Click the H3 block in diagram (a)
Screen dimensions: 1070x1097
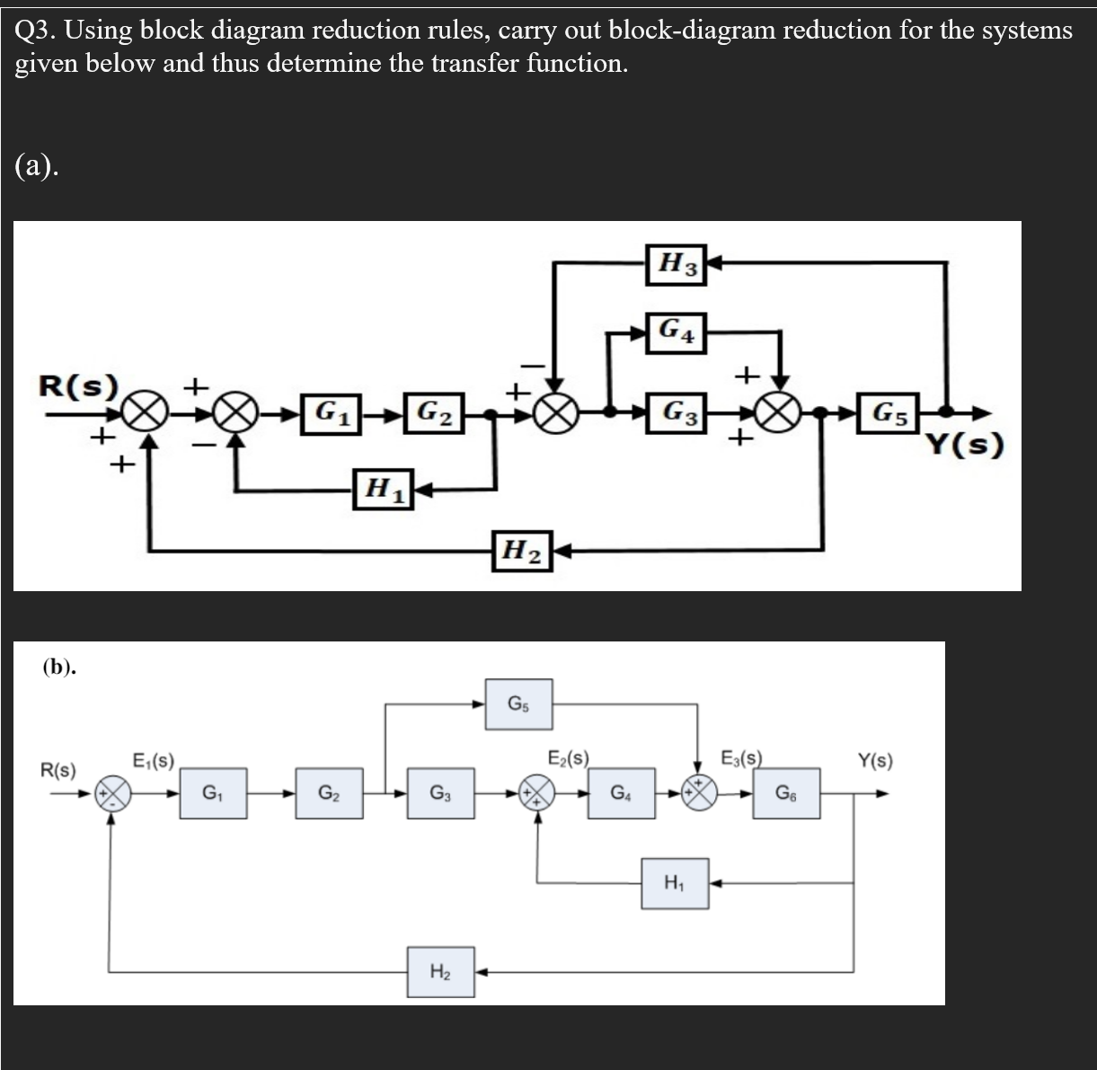tap(677, 263)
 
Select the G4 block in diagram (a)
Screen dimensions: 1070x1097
tap(677, 331)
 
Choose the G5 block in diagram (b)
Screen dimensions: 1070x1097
tap(518, 703)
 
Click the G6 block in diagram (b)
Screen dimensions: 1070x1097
tap(786, 793)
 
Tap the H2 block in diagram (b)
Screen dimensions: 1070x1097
tap(440, 971)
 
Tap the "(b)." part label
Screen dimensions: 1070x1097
tap(59, 667)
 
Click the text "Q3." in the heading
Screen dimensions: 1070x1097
tap(37, 31)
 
